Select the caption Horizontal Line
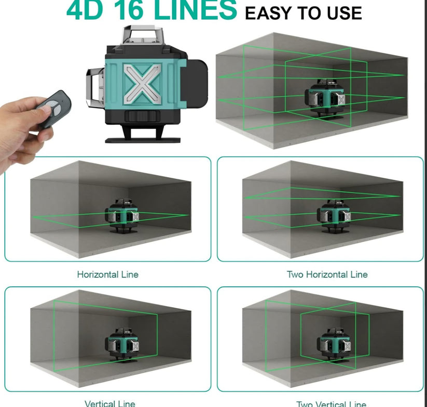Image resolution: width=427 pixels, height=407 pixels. tap(107, 274)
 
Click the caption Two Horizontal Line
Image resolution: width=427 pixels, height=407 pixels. tap(327, 274)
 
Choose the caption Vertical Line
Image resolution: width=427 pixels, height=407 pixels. tap(110, 403)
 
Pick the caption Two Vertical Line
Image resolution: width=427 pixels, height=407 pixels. tap(330, 404)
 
